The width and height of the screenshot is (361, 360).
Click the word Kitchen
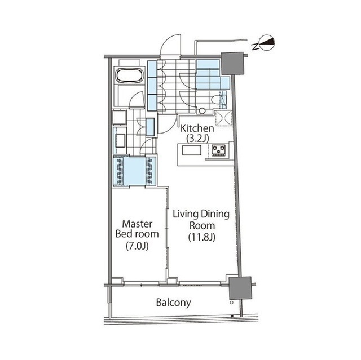(x=197, y=128)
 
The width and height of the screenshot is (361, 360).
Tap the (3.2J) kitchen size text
(x=197, y=139)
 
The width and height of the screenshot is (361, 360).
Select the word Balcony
(x=173, y=303)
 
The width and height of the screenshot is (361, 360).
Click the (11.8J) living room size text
(x=202, y=237)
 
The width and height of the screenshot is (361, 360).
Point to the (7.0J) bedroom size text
(x=137, y=246)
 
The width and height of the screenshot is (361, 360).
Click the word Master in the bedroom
(x=137, y=224)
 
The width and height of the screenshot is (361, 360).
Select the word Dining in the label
(x=215, y=214)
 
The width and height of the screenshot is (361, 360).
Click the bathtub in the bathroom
(x=130, y=75)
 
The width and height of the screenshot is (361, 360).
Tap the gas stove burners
(x=218, y=150)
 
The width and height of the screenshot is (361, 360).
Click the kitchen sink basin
(x=192, y=150)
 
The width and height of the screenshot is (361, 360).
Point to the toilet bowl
(x=215, y=100)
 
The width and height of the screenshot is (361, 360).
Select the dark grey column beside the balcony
(x=240, y=288)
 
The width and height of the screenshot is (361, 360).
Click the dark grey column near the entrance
(x=232, y=64)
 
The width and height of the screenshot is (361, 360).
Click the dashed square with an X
(x=223, y=118)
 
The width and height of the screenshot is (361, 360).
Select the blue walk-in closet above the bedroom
(x=135, y=171)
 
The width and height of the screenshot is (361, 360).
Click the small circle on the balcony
(x=232, y=303)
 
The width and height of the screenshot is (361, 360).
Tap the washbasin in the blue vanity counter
(x=120, y=140)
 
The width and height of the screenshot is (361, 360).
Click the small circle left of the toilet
(x=202, y=111)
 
